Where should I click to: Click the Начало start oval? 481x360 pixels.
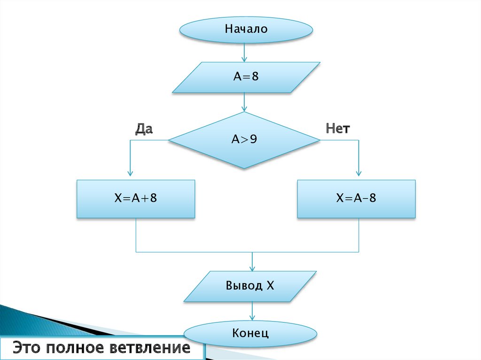tap(246, 29)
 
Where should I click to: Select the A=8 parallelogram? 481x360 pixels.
tap(246, 77)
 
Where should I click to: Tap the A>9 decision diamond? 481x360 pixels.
tap(244, 139)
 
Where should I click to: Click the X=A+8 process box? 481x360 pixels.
tap(136, 199)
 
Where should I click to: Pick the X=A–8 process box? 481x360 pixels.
tap(356, 199)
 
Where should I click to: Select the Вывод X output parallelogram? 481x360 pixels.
tap(249, 286)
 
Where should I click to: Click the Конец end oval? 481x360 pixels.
tap(249, 334)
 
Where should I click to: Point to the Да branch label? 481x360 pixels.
tap(144, 129)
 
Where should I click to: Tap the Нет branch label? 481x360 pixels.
tap(338, 129)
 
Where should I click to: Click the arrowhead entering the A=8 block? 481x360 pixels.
tap(244, 59)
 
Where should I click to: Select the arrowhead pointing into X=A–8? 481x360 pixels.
tap(359, 176)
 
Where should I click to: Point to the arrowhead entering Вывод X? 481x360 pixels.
tap(253, 268)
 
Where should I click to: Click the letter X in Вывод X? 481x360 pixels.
tap(270, 286)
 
